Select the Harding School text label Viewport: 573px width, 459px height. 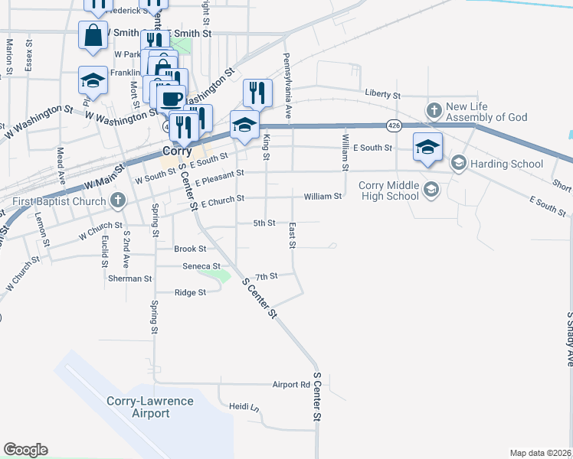(x=507, y=163)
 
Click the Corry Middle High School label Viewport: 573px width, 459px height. (x=391, y=190)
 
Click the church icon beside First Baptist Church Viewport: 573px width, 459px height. (x=117, y=201)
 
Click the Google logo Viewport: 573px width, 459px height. (x=25, y=450)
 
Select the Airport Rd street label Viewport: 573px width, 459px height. (x=291, y=384)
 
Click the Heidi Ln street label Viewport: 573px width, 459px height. (x=244, y=407)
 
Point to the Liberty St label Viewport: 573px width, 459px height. (x=383, y=95)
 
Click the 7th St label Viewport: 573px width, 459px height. (x=266, y=276)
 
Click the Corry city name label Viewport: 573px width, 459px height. (x=176, y=151)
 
